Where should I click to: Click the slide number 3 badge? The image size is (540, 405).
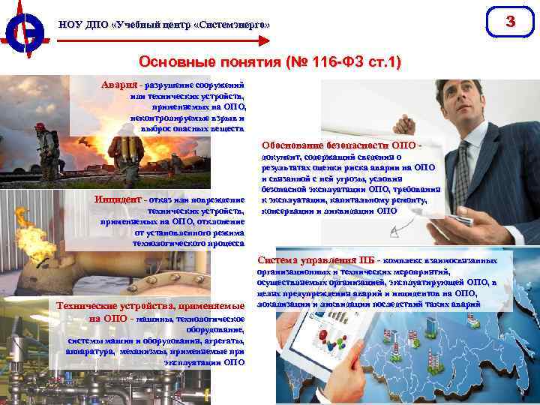coord(511,22)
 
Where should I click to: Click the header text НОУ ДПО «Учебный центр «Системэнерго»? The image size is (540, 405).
coord(164,25)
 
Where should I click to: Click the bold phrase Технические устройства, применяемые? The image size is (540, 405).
coord(151,305)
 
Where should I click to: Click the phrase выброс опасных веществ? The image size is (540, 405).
coord(192,128)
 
